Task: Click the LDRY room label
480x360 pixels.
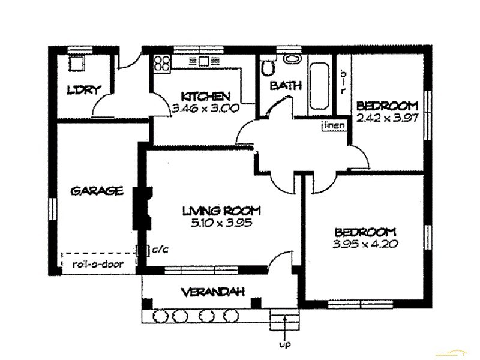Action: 83,91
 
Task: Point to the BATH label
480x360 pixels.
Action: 285,86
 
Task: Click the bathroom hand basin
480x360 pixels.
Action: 292,59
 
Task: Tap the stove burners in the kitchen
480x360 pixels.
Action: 161,62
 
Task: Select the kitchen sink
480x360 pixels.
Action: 204,61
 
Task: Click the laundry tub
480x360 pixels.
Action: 77,64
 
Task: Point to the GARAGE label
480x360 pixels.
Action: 97,191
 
